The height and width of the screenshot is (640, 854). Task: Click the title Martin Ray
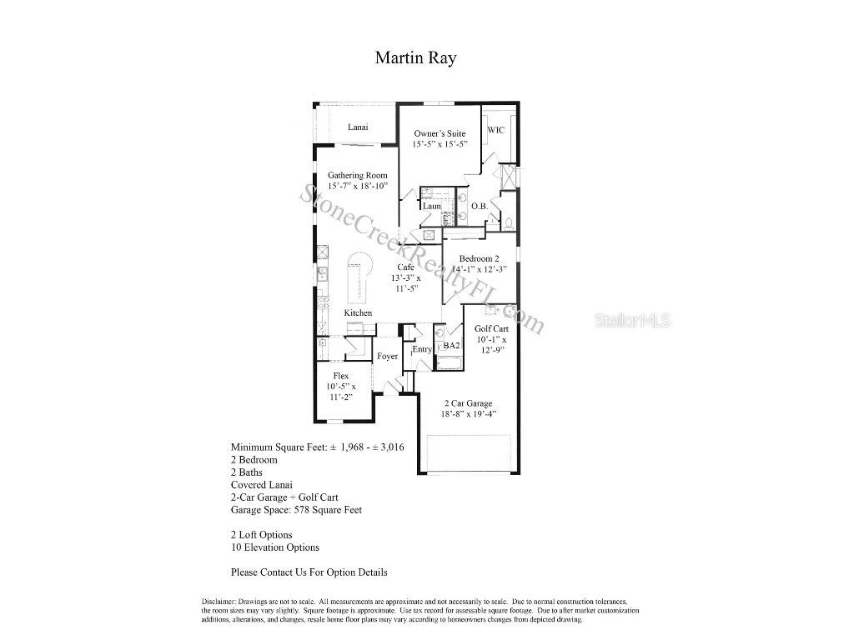point(415,57)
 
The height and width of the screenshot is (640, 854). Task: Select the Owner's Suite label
point(440,133)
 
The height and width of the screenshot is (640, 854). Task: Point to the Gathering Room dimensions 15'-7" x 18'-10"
point(358,187)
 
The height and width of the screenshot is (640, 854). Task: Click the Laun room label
point(431,206)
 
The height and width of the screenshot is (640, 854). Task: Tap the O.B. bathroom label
point(480,206)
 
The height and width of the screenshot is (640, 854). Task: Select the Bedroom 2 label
point(479,258)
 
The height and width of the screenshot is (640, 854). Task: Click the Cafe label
point(406,267)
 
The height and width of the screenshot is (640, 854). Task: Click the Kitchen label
point(359,312)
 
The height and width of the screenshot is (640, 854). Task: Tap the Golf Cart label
point(491,328)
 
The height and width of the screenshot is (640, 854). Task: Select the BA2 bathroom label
point(451,345)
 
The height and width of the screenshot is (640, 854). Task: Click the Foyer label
point(387,356)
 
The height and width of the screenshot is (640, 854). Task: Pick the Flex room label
point(340,376)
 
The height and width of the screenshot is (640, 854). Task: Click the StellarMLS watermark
point(631,320)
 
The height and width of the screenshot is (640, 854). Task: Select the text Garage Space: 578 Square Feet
point(296,509)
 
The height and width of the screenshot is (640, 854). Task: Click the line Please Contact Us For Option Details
point(309,572)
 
